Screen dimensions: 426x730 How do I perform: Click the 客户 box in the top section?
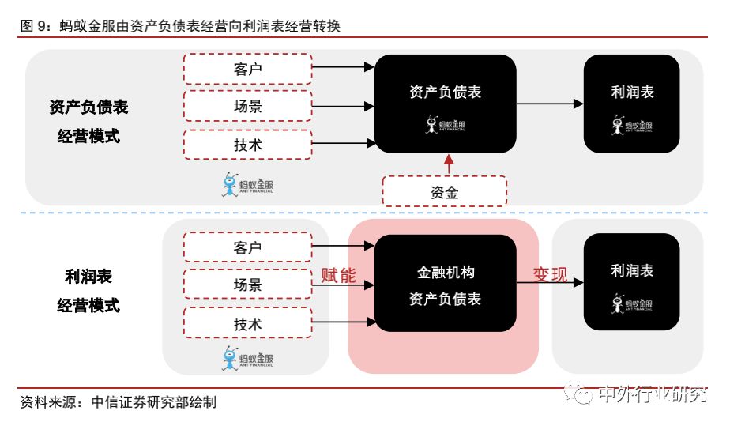point(247,69)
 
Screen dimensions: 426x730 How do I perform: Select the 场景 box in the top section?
point(247,106)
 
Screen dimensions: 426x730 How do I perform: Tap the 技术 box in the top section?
point(247,145)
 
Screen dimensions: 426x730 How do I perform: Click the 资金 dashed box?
point(444,192)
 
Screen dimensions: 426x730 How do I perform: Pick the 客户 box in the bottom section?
point(247,247)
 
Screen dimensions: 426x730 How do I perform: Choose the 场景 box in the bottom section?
point(247,285)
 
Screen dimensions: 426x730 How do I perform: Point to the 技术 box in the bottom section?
point(247,324)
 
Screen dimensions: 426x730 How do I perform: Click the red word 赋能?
point(338,275)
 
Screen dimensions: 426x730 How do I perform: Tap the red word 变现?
point(550,274)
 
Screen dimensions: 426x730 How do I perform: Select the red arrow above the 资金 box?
point(449,164)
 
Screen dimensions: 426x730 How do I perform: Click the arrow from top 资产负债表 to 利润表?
point(550,104)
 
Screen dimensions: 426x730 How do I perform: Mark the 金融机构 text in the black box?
point(446,272)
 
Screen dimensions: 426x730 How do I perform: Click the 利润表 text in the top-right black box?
point(632,92)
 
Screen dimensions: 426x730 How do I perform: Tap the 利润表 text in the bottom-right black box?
point(632,270)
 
